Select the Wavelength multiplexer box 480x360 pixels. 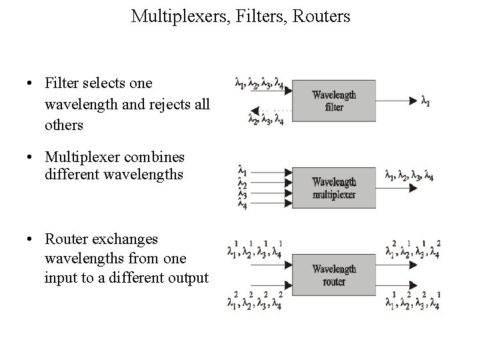334,188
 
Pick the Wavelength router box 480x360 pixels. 334,275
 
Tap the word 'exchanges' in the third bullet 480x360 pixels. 125,239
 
